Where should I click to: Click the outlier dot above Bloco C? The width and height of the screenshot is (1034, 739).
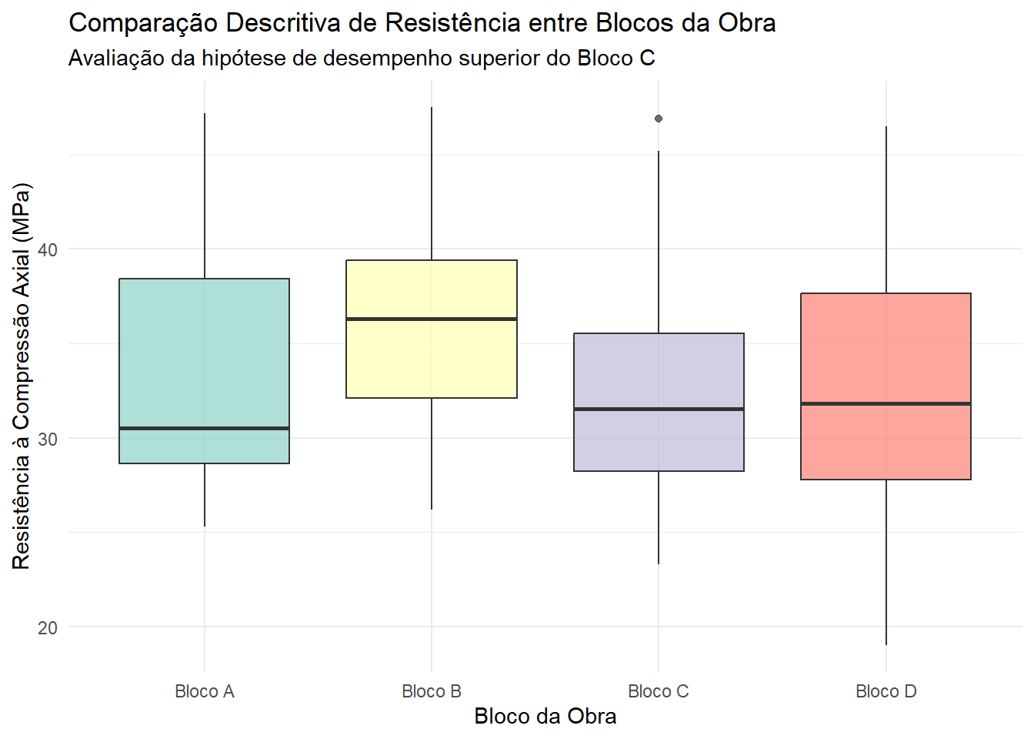point(659,119)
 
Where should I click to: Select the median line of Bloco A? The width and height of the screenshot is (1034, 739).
point(204,429)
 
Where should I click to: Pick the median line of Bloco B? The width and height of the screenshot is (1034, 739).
point(432,319)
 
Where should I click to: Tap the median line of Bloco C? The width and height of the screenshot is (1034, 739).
point(659,410)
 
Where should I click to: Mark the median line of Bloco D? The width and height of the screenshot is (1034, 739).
point(886,403)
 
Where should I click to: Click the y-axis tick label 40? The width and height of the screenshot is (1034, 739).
point(47,250)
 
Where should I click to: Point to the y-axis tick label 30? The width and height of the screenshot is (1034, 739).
point(47,439)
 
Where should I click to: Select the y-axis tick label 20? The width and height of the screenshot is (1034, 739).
point(47,627)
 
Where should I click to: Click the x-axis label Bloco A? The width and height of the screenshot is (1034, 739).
point(205,691)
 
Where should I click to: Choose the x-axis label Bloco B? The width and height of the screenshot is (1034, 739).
point(432,691)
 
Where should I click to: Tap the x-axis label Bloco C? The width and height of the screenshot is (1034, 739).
point(659,691)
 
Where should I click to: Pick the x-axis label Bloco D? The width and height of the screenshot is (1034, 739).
point(886,691)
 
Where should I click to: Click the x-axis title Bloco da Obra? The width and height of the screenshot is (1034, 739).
point(545,717)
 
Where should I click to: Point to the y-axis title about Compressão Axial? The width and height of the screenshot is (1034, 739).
point(21,376)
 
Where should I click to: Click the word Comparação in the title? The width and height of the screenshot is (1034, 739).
point(143,23)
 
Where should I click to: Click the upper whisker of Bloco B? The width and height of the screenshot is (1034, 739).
point(432,184)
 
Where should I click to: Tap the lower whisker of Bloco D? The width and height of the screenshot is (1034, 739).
point(886,562)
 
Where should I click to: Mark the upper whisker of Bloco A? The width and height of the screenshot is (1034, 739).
point(205,196)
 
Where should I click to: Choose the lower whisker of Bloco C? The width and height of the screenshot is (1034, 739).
point(659,517)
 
